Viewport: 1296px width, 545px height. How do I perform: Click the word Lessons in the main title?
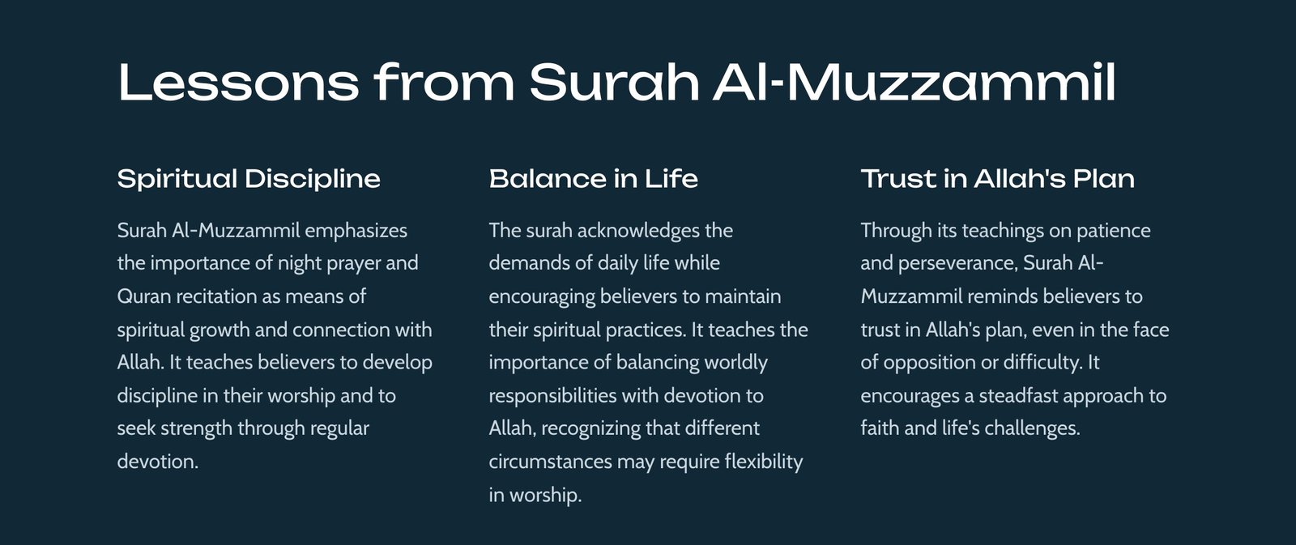tap(238, 82)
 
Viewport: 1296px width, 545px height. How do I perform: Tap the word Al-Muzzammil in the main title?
tap(914, 82)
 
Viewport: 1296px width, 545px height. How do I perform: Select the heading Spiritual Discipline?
tap(249, 179)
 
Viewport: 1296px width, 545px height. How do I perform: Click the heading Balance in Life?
tap(594, 179)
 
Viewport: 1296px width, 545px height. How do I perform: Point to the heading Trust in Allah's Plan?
tap(997, 179)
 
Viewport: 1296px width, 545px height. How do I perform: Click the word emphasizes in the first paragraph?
tap(356, 231)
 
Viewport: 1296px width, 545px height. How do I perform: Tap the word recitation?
tap(216, 296)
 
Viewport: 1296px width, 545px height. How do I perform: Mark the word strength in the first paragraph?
tap(196, 428)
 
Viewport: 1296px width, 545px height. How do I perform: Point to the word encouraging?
tap(542, 297)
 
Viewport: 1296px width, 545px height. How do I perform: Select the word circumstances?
tap(551, 462)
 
